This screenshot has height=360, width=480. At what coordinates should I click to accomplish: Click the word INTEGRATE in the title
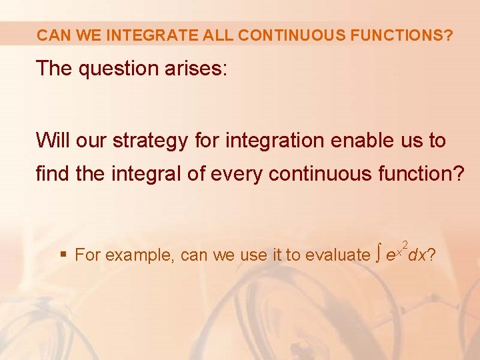141,35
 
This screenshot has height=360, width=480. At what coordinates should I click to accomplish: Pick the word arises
197,69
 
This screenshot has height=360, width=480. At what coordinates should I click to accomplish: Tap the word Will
53,141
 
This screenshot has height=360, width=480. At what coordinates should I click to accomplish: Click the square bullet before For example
63,255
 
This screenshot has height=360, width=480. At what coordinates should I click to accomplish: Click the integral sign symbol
378,254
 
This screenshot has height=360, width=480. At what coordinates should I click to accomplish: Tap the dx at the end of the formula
417,255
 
